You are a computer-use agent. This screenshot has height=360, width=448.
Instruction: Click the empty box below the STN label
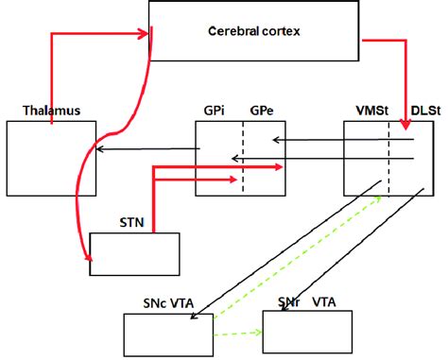134,252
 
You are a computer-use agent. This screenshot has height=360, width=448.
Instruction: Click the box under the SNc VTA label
168,335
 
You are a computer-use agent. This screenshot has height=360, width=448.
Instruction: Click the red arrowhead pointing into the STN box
89,258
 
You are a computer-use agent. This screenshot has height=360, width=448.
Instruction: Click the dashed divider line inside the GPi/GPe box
243,157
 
